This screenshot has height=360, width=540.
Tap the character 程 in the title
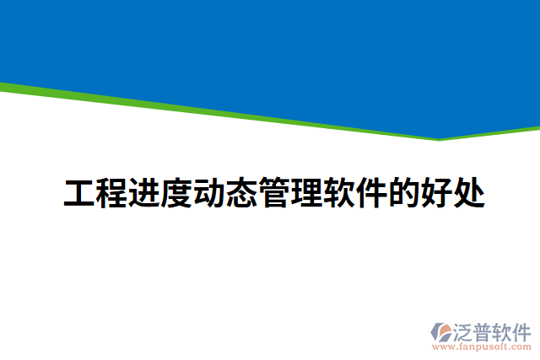[112, 193]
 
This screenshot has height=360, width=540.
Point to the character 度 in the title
[177, 193]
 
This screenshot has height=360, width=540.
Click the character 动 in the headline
[209, 193]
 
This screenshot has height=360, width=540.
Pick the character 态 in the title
[242, 193]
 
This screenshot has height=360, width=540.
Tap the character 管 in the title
[274, 193]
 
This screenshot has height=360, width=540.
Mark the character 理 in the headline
[307, 193]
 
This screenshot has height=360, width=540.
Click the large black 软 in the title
[339, 193]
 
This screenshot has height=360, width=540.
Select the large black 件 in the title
[372, 193]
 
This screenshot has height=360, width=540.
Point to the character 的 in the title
[404, 193]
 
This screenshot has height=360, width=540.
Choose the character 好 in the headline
[437, 193]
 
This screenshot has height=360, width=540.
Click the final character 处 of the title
[469, 193]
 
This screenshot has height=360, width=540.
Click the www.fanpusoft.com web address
[482, 346]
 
